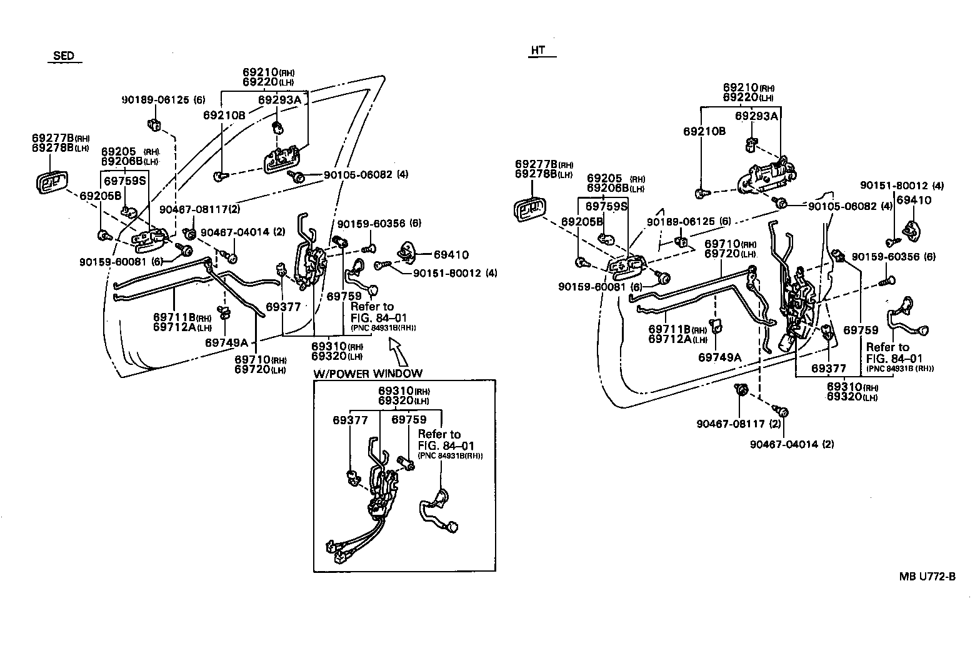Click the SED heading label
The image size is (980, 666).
coord(63,56)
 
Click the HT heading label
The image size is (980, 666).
coord(537,51)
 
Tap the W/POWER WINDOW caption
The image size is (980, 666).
coord(368,374)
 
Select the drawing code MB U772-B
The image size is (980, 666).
coord(927,577)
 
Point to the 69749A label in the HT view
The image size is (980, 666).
coord(719,357)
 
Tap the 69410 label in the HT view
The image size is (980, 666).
coord(914,200)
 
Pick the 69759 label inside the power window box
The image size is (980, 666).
coord(409,420)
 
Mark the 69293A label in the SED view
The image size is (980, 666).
coord(279,99)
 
